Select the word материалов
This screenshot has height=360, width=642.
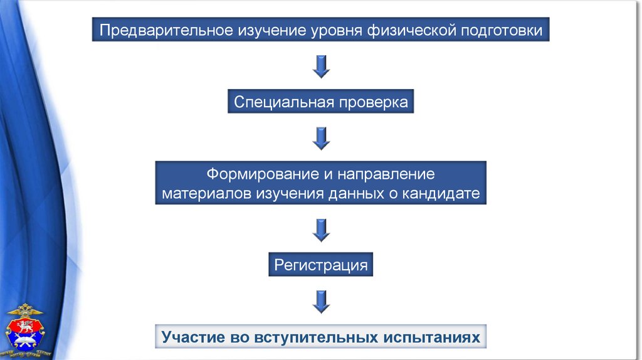point(206,193)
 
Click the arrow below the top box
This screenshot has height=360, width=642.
point(321,66)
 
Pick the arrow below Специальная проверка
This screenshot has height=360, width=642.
point(321,138)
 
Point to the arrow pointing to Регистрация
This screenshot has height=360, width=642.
point(321,230)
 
